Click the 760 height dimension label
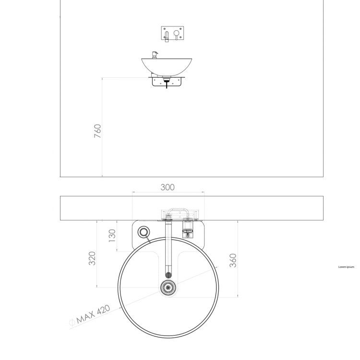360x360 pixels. pos(97,131)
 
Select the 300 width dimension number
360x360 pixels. pos(168,187)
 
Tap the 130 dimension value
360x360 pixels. pos(112,236)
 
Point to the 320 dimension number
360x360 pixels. pos(92,258)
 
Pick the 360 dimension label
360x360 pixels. pos(233,260)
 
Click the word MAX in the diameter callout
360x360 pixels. pos(85,318)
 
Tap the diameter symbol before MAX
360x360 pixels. pos(72,323)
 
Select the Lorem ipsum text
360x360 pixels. pos(346,267)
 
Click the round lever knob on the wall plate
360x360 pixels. pos(176,33)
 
